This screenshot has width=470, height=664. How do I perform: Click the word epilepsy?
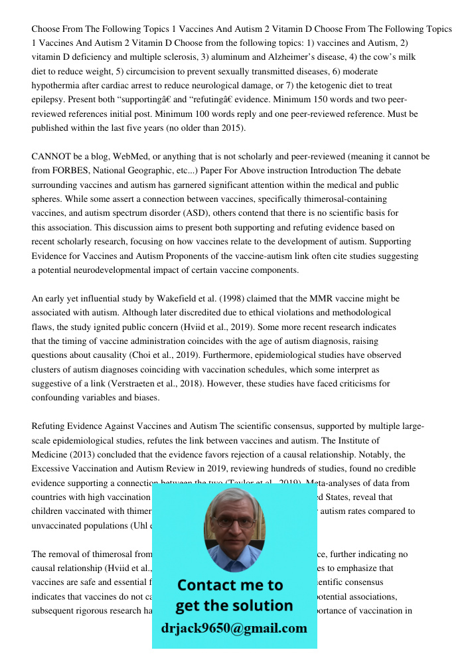click(49, 100)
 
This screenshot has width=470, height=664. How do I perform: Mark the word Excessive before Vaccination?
click(54, 469)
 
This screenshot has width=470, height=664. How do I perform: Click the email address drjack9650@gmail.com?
click(234, 628)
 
